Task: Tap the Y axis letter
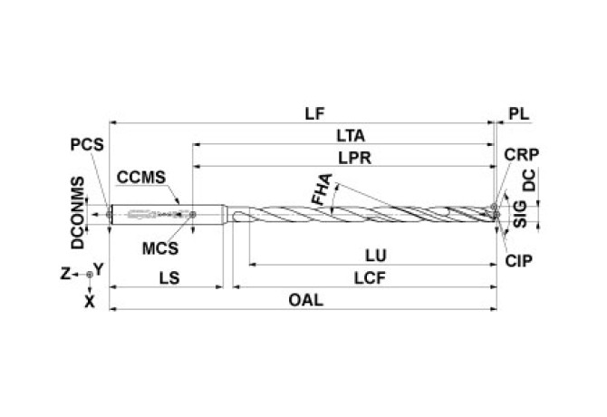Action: tap(100, 269)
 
